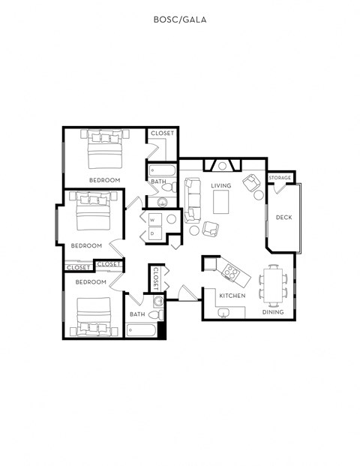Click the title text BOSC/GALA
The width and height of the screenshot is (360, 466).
pyautogui.click(x=179, y=21)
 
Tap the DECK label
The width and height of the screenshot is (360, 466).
pyautogui.click(x=283, y=218)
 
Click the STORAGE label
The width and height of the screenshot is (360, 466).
pyautogui.click(x=280, y=178)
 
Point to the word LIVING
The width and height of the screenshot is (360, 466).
pyautogui.click(x=220, y=185)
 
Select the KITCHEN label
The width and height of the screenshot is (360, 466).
pyautogui.click(x=232, y=296)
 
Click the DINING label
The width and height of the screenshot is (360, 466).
pyautogui.click(x=273, y=311)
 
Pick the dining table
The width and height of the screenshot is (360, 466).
pyautogui.click(x=273, y=286)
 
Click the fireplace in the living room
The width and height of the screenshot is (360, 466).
pyautogui.click(x=222, y=166)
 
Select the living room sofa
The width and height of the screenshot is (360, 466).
pyautogui.click(x=193, y=196)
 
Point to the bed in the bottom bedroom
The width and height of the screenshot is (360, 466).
pyautogui.click(x=94, y=315)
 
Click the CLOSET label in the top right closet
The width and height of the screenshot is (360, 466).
pyautogui.click(x=162, y=134)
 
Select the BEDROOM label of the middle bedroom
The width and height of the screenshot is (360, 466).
pyautogui.click(x=86, y=245)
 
